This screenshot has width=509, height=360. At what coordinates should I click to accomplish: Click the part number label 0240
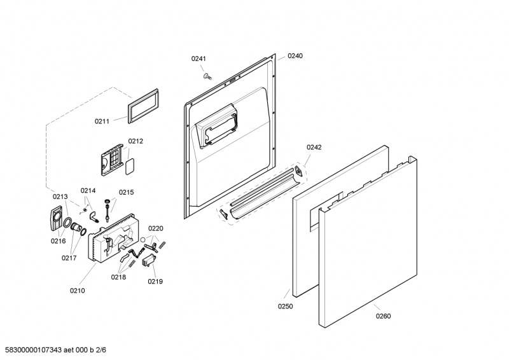[x=295, y=56]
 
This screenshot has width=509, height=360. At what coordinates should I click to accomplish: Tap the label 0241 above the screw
[x=199, y=59]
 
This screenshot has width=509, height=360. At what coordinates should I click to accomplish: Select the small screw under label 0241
[x=207, y=76]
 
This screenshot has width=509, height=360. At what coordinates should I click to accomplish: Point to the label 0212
[x=136, y=141]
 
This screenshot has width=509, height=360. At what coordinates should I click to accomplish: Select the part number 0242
[x=314, y=147]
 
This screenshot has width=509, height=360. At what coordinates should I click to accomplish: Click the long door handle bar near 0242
[x=261, y=195]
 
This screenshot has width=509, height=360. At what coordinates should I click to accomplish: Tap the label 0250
[x=286, y=306]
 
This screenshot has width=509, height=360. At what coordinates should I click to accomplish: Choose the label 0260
[x=383, y=315]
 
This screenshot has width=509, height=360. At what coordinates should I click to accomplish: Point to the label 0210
[x=77, y=291]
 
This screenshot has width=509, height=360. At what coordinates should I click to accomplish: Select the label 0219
[x=155, y=280]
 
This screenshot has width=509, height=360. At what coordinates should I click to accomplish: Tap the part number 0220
[x=156, y=228]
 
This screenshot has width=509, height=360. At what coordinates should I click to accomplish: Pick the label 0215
[x=126, y=192]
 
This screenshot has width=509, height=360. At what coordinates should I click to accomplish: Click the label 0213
[x=60, y=197]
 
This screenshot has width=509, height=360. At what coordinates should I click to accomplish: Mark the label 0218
[x=119, y=277]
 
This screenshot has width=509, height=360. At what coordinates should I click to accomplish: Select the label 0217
[x=69, y=258]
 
